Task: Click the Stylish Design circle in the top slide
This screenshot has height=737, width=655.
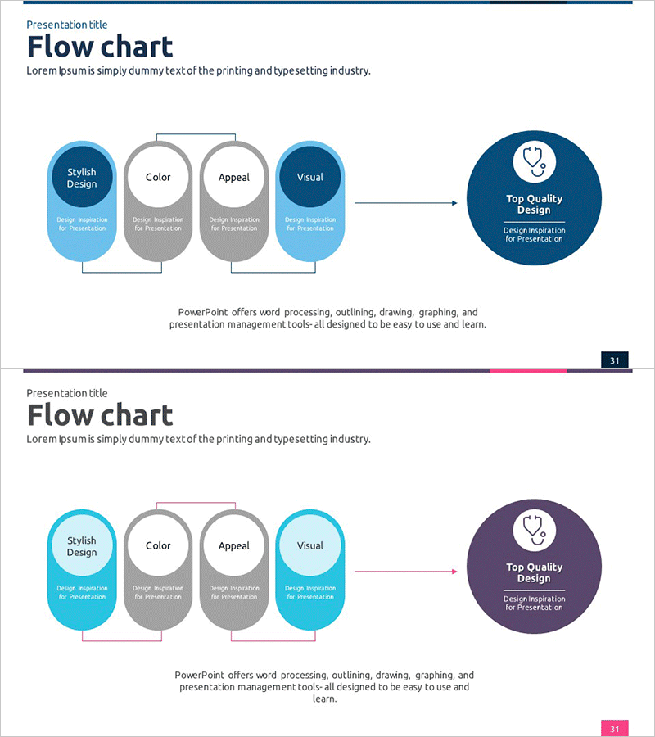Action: tap(82, 178)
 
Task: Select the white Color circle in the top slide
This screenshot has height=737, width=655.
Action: tap(158, 178)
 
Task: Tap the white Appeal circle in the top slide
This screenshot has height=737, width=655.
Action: tap(234, 178)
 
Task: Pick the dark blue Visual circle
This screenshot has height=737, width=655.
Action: tap(310, 178)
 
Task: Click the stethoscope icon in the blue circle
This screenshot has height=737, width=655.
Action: tap(534, 161)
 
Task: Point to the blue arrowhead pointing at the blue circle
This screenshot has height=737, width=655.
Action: tap(454, 203)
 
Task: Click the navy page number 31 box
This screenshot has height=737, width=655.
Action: tap(615, 360)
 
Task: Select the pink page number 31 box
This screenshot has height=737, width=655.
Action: tap(615, 729)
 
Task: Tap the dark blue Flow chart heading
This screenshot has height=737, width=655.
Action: tap(100, 47)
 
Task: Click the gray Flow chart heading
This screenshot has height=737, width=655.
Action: tap(100, 415)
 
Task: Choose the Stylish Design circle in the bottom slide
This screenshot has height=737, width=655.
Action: tap(82, 546)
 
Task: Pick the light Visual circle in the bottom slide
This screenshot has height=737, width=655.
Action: tap(310, 546)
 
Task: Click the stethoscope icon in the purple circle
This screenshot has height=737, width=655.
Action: tap(534, 530)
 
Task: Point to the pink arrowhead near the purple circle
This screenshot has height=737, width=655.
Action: tap(454, 572)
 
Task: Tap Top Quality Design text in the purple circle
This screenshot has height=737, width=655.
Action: tap(534, 572)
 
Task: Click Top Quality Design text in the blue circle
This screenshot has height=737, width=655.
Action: tap(534, 204)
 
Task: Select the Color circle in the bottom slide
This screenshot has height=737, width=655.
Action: tap(158, 546)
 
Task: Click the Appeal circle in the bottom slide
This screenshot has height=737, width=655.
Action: tap(234, 546)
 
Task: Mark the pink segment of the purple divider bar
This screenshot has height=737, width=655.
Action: tap(528, 371)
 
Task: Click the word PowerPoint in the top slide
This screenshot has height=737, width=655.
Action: tap(202, 312)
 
